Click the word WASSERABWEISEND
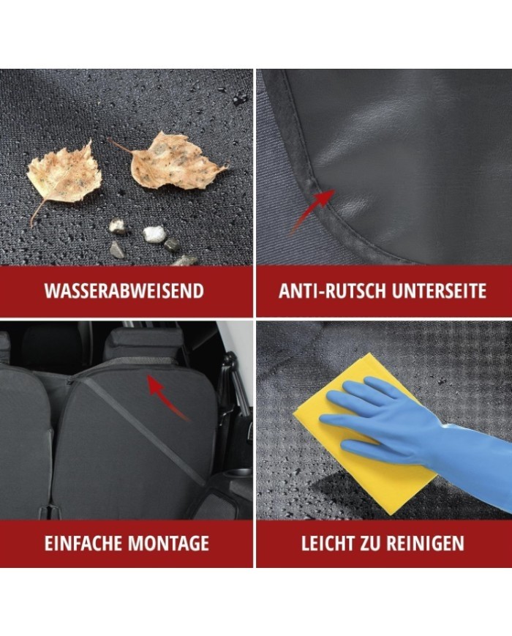(x=124, y=291)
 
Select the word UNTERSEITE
(x=439, y=291)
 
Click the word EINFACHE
(x=83, y=543)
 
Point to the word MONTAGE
(x=168, y=543)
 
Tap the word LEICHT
(x=328, y=543)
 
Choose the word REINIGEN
(x=425, y=543)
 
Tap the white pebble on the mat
(x=154, y=233)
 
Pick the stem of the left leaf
(x=37, y=213)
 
